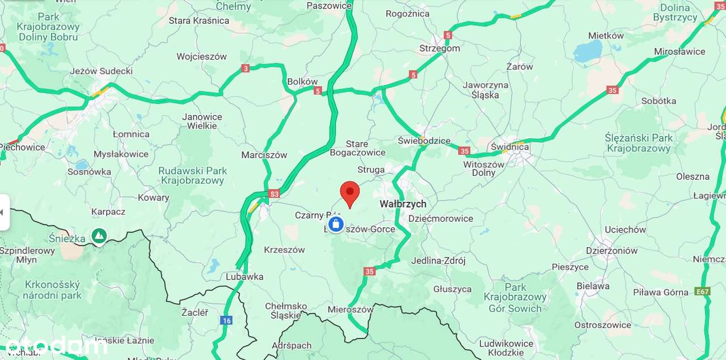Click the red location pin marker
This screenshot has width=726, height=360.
pyautogui.click(x=349, y=193)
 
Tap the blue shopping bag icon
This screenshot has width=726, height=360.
pyautogui.click(x=336, y=224)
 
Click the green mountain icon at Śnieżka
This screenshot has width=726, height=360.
pyautogui.click(x=99, y=235)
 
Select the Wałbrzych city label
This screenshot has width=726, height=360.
pyautogui.click(x=403, y=204)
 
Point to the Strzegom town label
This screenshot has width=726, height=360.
pyautogui.click(x=440, y=48)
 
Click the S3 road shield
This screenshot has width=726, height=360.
pyautogui.click(x=274, y=193)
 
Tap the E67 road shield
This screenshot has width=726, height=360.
pyautogui.click(x=702, y=292)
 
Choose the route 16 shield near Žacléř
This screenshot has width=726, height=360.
pyautogui.click(x=226, y=320)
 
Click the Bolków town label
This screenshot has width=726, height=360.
pyautogui.click(x=302, y=82)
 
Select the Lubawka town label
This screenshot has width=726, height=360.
pyautogui.click(x=244, y=277)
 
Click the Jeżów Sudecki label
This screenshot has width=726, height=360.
pyautogui.click(x=101, y=71)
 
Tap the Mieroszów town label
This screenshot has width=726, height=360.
pyautogui.click(x=351, y=310)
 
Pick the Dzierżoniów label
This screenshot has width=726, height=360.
pyautogui.click(x=611, y=251)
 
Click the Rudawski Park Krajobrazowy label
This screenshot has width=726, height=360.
pyautogui.click(x=193, y=176)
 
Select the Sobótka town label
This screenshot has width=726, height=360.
pyautogui.click(x=659, y=101)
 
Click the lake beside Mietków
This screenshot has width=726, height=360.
pyautogui.click(x=588, y=53)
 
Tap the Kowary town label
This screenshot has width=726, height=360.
pyautogui.click(x=153, y=197)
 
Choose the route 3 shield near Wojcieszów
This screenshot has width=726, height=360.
pyautogui.click(x=245, y=68)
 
